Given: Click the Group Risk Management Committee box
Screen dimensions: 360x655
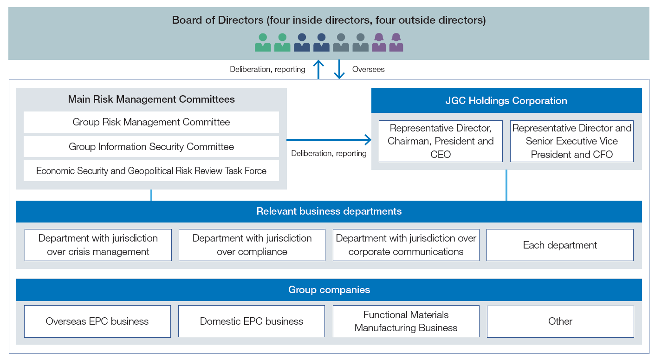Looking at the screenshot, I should click(x=151, y=122).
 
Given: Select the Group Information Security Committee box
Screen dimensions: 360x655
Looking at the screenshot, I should click(x=151, y=147).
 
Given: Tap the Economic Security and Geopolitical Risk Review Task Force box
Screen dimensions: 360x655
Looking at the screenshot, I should click(x=151, y=171).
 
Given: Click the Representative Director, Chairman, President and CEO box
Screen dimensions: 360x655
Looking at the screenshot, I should click(x=441, y=141).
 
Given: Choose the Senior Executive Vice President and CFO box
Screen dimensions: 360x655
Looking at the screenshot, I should click(x=571, y=141).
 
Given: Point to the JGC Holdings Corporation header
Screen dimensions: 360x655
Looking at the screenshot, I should click(x=506, y=101).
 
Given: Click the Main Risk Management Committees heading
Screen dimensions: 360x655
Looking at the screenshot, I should click(x=151, y=99).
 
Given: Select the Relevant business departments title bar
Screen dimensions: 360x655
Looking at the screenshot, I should click(x=329, y=211).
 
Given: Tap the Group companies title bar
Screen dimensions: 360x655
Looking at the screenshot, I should click(x=329, y=290).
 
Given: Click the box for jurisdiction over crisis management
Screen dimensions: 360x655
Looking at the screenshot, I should click(x=98, y=245).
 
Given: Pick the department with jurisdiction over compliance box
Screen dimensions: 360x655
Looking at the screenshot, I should click(x=252, y=245).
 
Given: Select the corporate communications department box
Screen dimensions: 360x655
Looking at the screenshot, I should click(x=406, y=245).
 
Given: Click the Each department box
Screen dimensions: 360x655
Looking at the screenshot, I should click(x=560, y=245).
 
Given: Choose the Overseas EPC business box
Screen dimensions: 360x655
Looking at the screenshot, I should click(x=97, y=321).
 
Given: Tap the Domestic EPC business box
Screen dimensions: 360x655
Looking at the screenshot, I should click(x=252, y=321).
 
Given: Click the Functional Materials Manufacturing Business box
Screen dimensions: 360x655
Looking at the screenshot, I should click(x=406, y=321).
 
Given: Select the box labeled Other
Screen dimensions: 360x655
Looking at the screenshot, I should click(x=560, y=321).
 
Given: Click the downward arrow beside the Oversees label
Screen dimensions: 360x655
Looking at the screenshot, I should click(x=339, y=70).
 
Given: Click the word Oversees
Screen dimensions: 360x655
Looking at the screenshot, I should click(x=368, y=69).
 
